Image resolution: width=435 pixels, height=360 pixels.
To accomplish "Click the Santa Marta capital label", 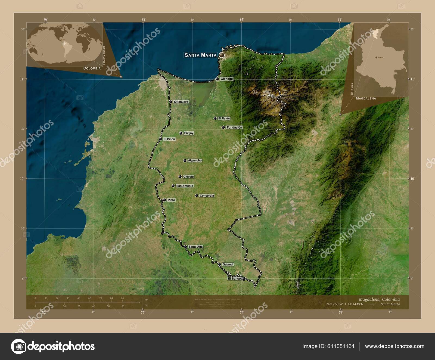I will point(200,55).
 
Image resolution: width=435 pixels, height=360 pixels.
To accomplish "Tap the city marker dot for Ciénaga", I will point(217,79).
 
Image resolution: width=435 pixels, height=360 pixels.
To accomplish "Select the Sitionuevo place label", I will point(181,102).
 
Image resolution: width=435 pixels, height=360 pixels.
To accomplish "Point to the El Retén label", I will point(224,119).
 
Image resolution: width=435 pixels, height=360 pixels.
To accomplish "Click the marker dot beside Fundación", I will point(223,127).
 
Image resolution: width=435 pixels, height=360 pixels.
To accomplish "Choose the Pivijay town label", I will point(188,133).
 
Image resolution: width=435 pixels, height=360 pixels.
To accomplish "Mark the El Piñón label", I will point(169,139).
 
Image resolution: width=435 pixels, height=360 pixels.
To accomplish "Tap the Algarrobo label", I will point(195,161).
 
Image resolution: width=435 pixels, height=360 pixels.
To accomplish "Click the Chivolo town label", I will point(188,177).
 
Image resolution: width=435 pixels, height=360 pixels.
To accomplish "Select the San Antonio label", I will point(185,186).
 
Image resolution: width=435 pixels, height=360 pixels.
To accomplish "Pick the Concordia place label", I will point(207,196).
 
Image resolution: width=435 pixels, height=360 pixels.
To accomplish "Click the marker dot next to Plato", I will point(164,200).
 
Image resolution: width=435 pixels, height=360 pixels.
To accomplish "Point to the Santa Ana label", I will point(195,247).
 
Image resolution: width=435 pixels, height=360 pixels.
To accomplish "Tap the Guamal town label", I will point(228,265).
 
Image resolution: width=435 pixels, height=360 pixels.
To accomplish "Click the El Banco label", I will point(234,279).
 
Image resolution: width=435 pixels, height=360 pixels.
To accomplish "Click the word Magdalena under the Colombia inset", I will point(366,98).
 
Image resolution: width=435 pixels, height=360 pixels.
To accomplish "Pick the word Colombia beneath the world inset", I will point(92,68).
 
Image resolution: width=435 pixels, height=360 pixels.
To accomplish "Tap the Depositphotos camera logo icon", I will point(18,346).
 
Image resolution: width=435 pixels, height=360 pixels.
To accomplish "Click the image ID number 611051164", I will point(340,346).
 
